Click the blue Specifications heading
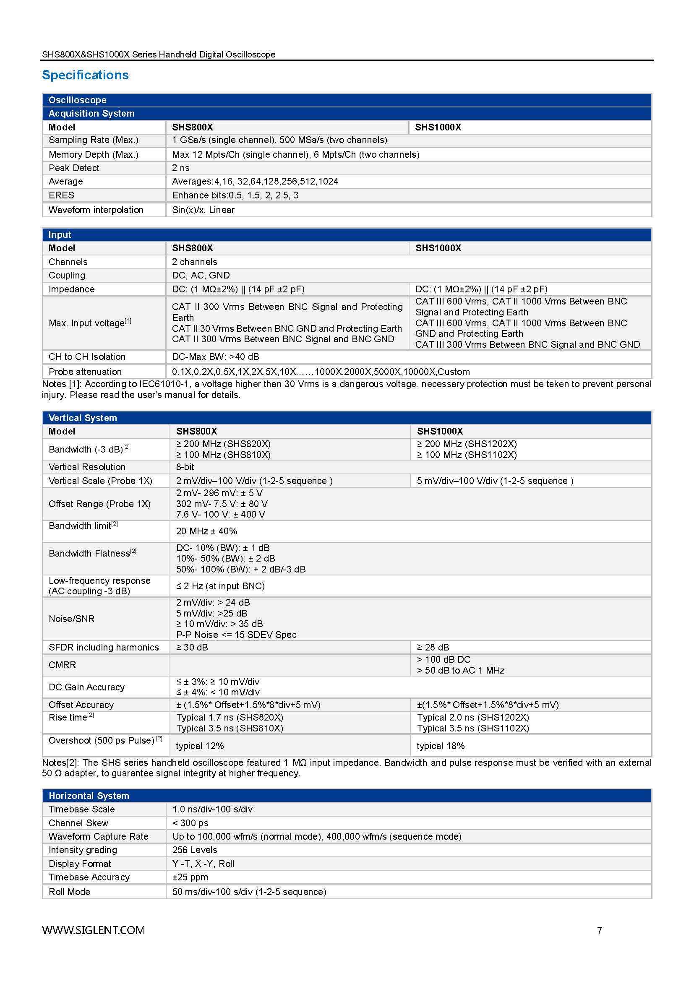pyautogui.click(x=85, y=75)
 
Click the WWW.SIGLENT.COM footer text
pyautogui.click(x=93, y=930)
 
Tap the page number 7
pyautogui.click(x=599, y=930)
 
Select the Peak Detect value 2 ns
pyautogui.click(x=181, y=168)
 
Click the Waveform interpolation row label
pyautogui.click(x=96, y=210)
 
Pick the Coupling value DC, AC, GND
pyautogui.click(x=201, y=275)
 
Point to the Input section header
pyautogui.click(x=60, y=234)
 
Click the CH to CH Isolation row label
pyautogui.click(x=87, y=357)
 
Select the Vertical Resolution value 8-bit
pyautogui.click(x=185, y=467)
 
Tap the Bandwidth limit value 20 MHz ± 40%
pyautogui.click(x=206, y=531)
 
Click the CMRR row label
pyautogui.click(x=62, y=665)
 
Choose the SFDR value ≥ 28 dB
pyautogui.click(x=433, y=647)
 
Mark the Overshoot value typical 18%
pyautogui.click(x=441, y=746)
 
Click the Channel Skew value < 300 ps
pyautogui.click(x=190, y=822)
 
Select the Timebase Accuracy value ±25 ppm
pyautogui.click(x=190, y=877)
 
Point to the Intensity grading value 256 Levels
pyautogui.click(x=194, y=850)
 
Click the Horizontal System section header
pyautogui.click(x=89, y=796)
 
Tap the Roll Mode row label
pyautogui.click(x=69, y=892)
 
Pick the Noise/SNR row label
pyautogui.click(x=71, y=619)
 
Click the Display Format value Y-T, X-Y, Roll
pyautogui.click(x=203, y=864)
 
